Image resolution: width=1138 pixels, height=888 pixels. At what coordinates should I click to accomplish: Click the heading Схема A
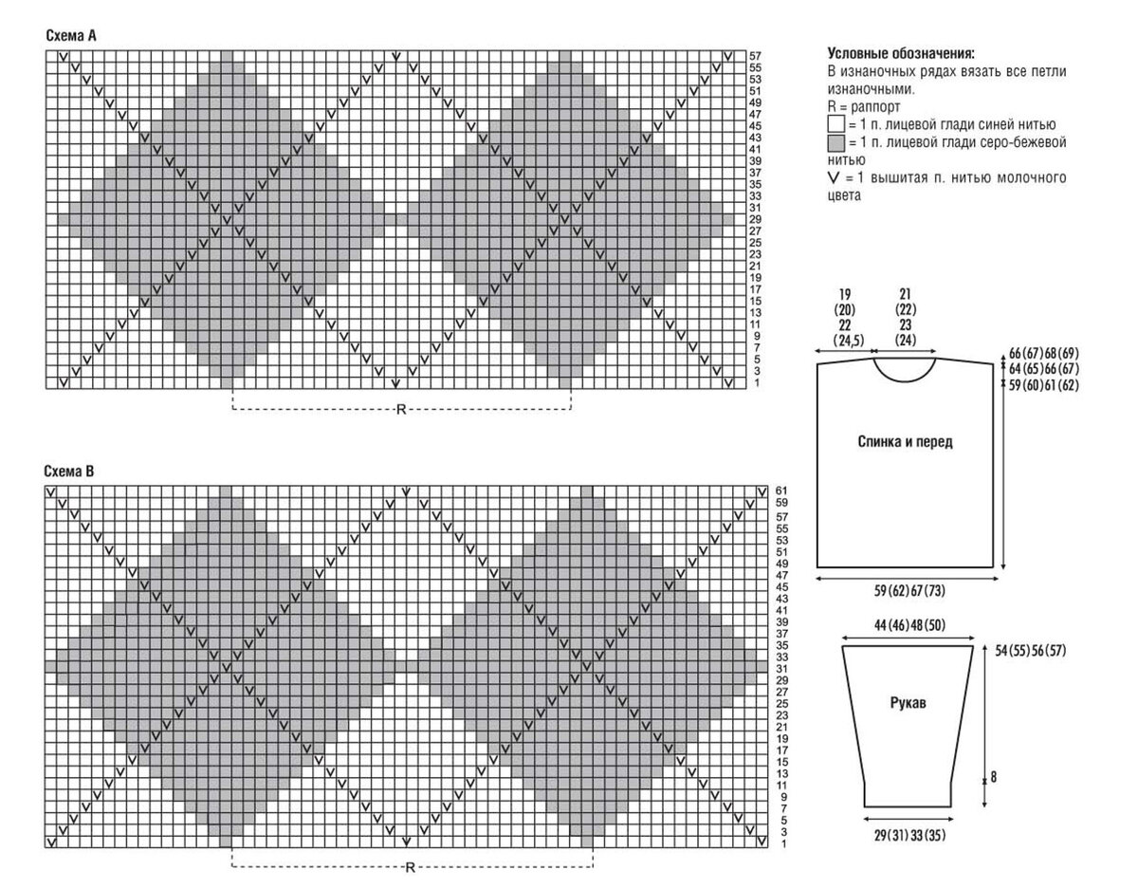point(71,36)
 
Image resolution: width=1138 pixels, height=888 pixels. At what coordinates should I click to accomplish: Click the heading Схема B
point(69,471)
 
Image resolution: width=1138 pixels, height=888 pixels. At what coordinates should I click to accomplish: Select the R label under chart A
point(401,409)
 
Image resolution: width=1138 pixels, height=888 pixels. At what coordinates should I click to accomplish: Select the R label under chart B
point(410,867)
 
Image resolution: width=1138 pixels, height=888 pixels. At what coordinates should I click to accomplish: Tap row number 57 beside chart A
point(755,56)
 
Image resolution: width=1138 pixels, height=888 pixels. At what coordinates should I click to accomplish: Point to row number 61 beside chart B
point(781,490)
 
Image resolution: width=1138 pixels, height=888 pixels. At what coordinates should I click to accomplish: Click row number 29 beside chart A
point(755,219)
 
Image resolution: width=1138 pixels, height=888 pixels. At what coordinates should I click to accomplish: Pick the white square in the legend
point(835,124)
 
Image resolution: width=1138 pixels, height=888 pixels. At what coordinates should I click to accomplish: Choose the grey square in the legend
point(835,142)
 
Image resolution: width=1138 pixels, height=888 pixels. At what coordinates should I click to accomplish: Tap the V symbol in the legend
point(834,178)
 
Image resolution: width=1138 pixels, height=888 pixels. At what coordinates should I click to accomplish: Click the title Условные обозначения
point(901,53)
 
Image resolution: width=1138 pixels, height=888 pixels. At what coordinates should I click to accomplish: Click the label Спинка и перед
point(905,442)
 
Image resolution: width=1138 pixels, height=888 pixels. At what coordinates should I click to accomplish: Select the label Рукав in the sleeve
point(909,703)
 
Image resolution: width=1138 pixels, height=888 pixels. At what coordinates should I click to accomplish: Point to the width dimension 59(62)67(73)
point(909,591)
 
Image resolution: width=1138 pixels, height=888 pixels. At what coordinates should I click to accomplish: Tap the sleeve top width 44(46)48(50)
point(909,625)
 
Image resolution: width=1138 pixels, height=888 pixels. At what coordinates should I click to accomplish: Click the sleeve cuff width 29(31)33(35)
point(909,835)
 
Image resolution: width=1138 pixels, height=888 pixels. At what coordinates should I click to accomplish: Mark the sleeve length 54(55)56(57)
point(1031,651)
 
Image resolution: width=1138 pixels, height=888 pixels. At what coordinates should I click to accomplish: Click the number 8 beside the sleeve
point(994,777)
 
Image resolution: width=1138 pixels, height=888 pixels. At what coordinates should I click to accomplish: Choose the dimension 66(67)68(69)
point(1044,353)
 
